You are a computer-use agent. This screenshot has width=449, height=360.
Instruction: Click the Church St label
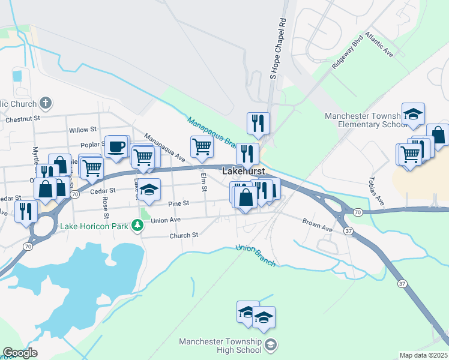(x=184, y=235)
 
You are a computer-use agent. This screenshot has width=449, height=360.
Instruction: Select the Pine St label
(x=178, y=204)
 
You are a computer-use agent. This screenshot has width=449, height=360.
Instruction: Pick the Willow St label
(x=82, y=130)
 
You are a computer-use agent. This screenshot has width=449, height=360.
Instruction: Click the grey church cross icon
(x=45, y=103)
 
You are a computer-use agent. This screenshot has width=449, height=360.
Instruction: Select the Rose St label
(x=106, y=207)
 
